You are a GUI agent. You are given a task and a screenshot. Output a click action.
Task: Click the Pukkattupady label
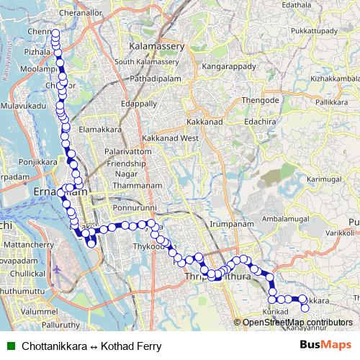[x=314, y=32]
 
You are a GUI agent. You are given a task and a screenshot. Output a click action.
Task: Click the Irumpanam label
[x=228, y=225]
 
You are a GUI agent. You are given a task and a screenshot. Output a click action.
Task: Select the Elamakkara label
[x=99, y=129]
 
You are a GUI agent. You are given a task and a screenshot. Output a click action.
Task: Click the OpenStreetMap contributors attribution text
[x=297, y=322]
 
